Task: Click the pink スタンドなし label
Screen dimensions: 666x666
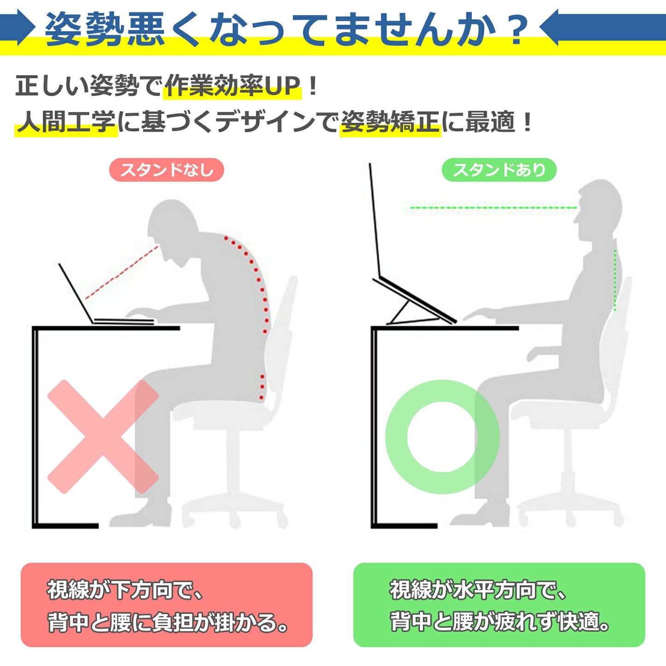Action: click(x=166, y=170)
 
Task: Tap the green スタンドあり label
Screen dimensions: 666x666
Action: click(x=499, y=170)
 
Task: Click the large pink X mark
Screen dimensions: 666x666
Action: click(x=103, y=437)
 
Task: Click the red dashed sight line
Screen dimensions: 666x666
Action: click(x=122, y=272)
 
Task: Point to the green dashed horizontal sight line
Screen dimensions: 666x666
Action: click(x=494, y=208)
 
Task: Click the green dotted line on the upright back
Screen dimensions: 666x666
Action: click(x=614, y=280)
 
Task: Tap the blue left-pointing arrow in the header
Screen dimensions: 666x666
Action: click(x=602, y=27)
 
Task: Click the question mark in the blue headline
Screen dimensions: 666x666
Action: click(x=517, y=29)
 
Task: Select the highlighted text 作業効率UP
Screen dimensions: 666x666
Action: click(x=232, y=86)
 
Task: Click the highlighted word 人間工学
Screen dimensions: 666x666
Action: click(x=65, y=122)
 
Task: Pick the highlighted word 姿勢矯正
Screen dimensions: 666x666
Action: click(x=390, y=122)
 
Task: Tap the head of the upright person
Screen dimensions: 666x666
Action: click(x=598, y=210)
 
